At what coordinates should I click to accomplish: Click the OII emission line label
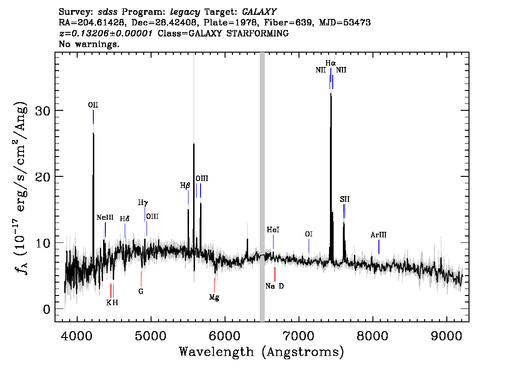(x=93, y=105)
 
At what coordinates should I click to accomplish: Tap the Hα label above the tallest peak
(x=330, y=63)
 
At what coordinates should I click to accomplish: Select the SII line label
(x=345, y=199)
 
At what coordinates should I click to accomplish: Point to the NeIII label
(x=105, y=218)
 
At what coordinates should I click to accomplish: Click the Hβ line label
(x=185, y=186)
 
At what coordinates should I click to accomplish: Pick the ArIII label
(x=378, y=235)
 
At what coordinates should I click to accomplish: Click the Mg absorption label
(x=214, y=297)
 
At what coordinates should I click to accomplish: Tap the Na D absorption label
(x=274, y=286)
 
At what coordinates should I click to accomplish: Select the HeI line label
(x=273, y=230)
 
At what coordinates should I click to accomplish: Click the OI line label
(x=309, y=234)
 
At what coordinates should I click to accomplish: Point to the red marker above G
(x=141, y=279)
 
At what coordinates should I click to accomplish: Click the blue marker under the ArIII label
(x=378, y=247)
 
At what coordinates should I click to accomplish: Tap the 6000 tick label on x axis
(x=225, y=336)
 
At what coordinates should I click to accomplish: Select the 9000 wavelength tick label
(x=446, y=336)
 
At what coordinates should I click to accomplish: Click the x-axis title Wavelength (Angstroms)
(x=262, y=352)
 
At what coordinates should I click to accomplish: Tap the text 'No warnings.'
(x=89, y=44)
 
